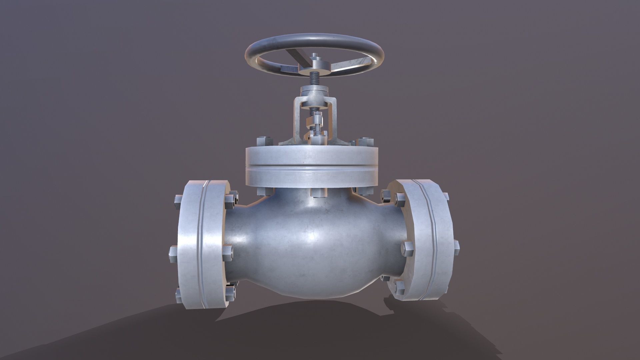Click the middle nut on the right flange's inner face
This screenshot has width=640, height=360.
point(407,248)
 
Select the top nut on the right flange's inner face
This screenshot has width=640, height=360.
point(399,199)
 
